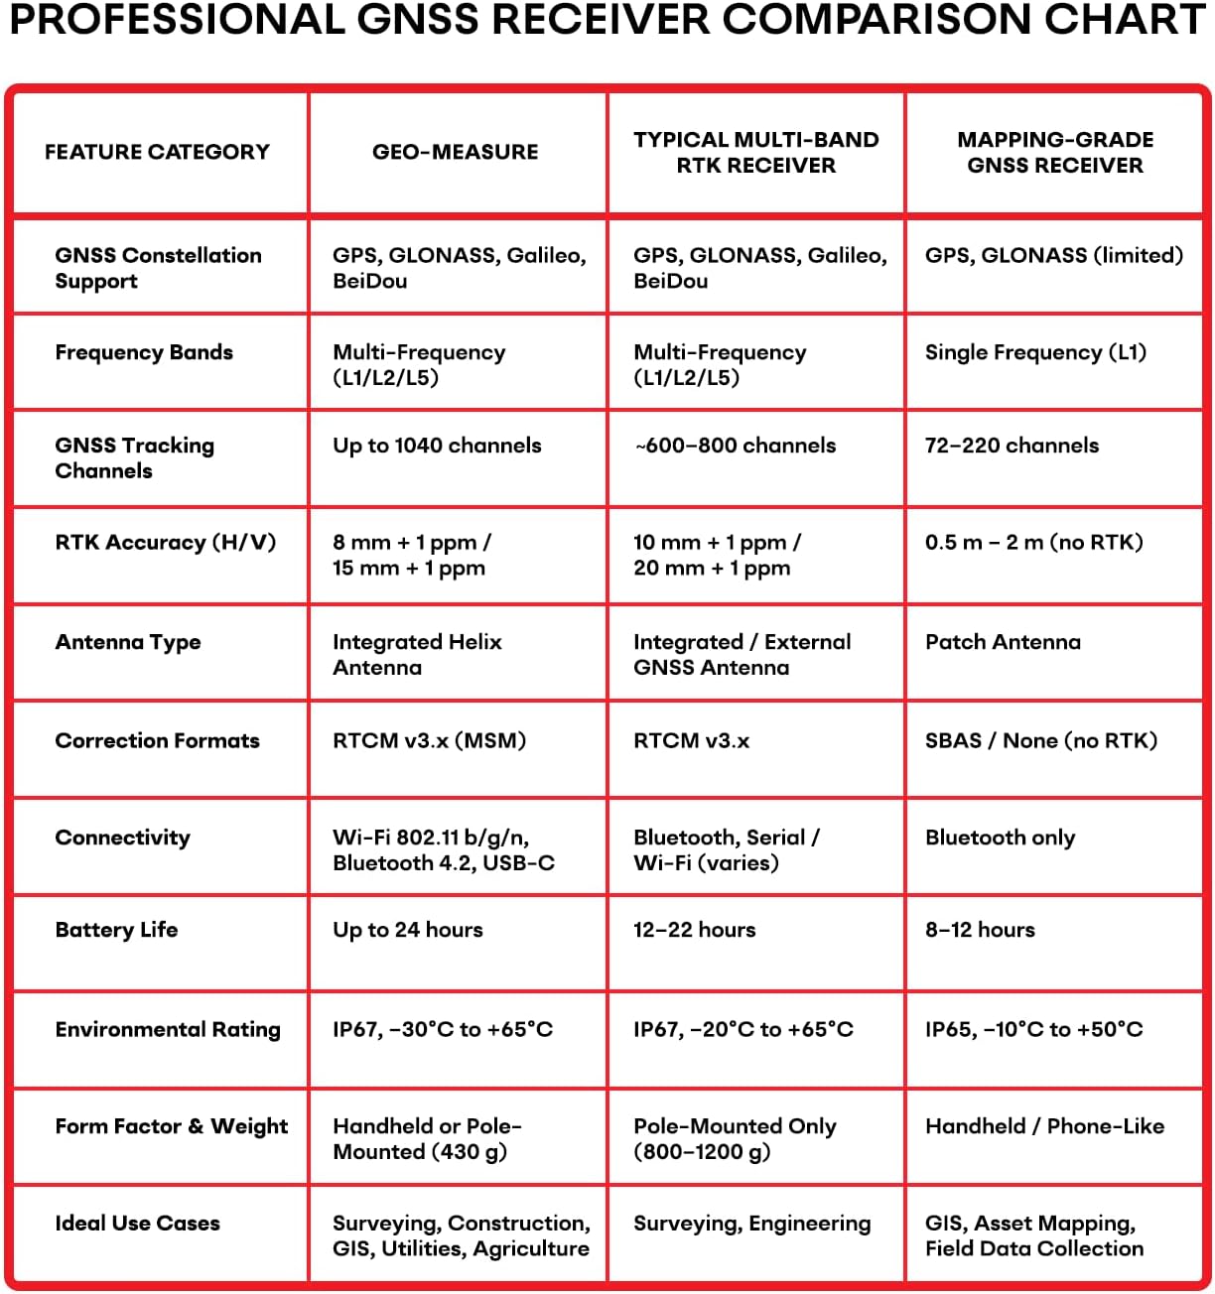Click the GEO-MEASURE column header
(x=455, y=152)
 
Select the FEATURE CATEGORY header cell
(x=157, y=152)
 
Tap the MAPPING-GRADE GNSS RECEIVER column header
(x=1054, y=153)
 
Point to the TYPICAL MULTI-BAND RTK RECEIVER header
(x=755, y=153)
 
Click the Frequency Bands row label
(x=144, y=352)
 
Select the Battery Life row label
(x=116, y=930)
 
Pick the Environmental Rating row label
(x=168, y=1029)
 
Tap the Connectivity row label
(x=122, y=838)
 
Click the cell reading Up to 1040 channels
(x=437, y=446)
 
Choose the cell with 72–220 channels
(x=1012, y=446)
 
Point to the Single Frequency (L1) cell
(x=1035, y=352)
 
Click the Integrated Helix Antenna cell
(x=417, y=655)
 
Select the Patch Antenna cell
(x=1003, y=642)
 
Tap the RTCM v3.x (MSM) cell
(x=429, y=740)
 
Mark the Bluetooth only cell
(x=1000, y=838)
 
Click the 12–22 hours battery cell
(x=694, y=930)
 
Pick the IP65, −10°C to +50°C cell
(x=1033, y=1029)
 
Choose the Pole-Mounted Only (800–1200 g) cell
(x=735, y=1139)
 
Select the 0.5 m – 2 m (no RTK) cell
(x=1033, y=543)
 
